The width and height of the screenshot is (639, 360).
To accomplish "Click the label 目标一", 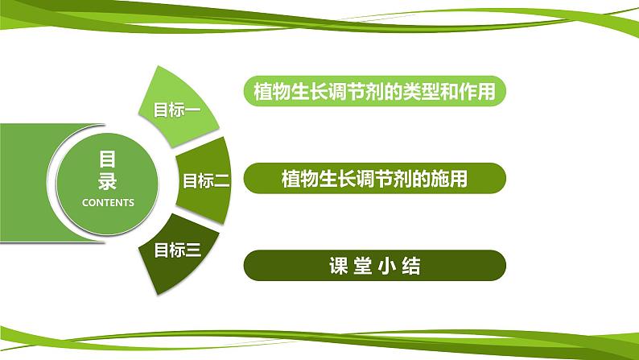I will click(x=176, y=110).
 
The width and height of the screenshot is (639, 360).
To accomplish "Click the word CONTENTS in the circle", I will click(x=108, y=203).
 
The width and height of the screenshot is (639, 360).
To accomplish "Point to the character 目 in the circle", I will click(x=108, y=159).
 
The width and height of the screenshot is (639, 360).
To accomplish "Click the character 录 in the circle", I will click(x=108, y=180).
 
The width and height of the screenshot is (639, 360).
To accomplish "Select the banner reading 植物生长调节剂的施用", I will click(x=374, y=178).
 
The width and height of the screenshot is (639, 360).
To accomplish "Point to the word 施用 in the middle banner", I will click(x=451, y=178).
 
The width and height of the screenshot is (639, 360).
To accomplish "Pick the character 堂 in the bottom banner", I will click(x=362, y=266).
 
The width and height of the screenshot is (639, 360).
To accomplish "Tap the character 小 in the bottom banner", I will click(x=387, y=266).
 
